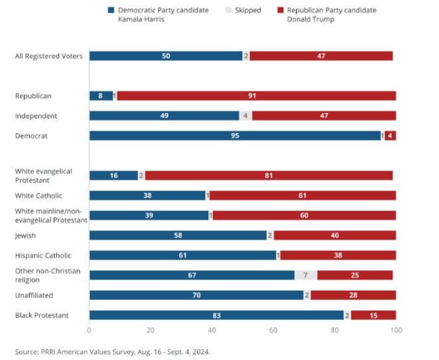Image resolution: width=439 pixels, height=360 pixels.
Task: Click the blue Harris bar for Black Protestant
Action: pos(216,315)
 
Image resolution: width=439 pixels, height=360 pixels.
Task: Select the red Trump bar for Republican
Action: pos(256,96)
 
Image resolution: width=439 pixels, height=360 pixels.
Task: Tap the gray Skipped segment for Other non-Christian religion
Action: pos(305,275)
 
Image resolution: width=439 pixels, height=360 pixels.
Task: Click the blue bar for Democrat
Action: pos(235,136)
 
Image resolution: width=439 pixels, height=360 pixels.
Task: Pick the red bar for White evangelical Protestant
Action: pos(269,176)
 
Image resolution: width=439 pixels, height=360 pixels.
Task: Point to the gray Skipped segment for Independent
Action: pos(245,116)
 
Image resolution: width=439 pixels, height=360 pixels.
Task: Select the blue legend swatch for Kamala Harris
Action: pos(111,11)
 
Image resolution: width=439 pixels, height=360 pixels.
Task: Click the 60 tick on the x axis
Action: pos(273,330)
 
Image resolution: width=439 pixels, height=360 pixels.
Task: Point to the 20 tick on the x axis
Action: pos(150,330)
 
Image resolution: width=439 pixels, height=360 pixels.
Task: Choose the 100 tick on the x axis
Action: pos(396,330)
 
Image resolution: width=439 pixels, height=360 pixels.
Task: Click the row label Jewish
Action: pos(26,236)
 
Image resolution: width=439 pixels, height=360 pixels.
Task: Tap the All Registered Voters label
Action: pos(49,56)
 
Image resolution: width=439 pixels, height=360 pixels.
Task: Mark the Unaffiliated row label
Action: pos(34,295)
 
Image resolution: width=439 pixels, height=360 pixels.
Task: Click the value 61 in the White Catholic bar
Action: pos(303,196)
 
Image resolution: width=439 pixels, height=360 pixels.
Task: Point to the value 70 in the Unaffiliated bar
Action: pos(197,295)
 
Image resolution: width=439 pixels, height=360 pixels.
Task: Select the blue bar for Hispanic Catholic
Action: pos(182,256)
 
